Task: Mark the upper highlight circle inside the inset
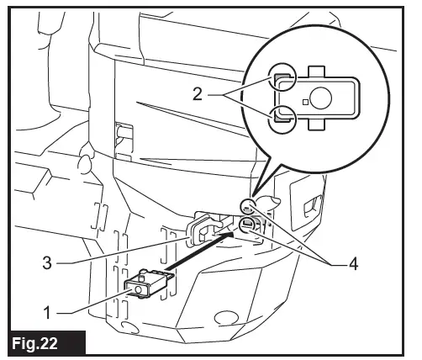(282, 79)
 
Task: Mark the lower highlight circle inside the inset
(282, 118)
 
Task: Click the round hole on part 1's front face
(139, 289)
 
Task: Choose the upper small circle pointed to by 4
(248, 204)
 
